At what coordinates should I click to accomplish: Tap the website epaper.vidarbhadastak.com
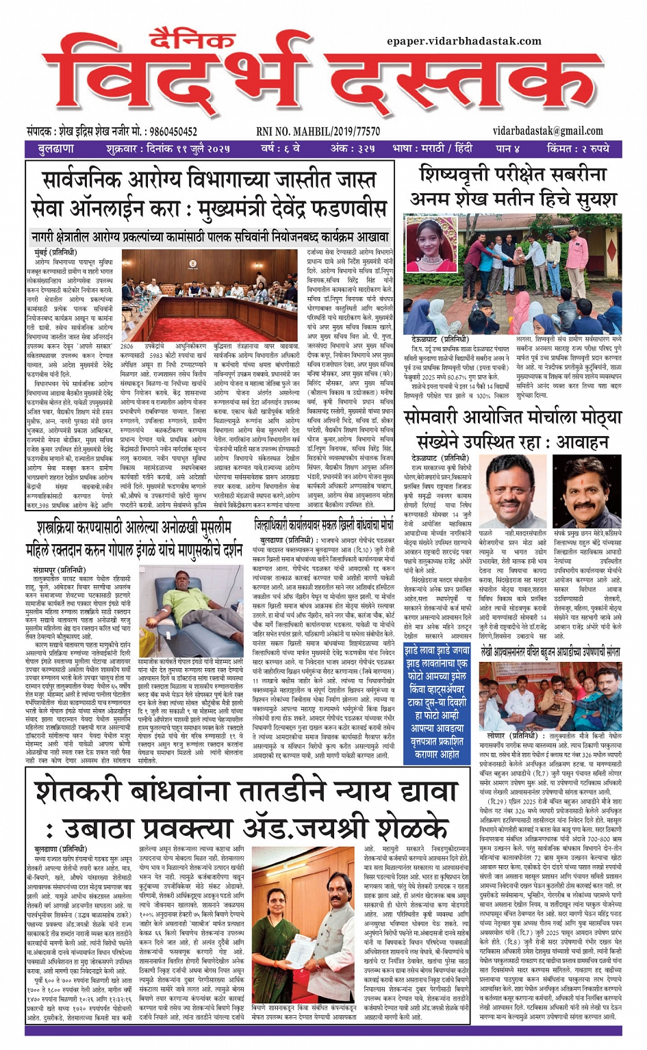click(464, 41)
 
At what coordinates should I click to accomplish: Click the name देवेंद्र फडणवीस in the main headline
click(311, 208)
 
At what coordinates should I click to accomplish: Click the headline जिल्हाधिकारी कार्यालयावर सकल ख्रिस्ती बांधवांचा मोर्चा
click(324, 525)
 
